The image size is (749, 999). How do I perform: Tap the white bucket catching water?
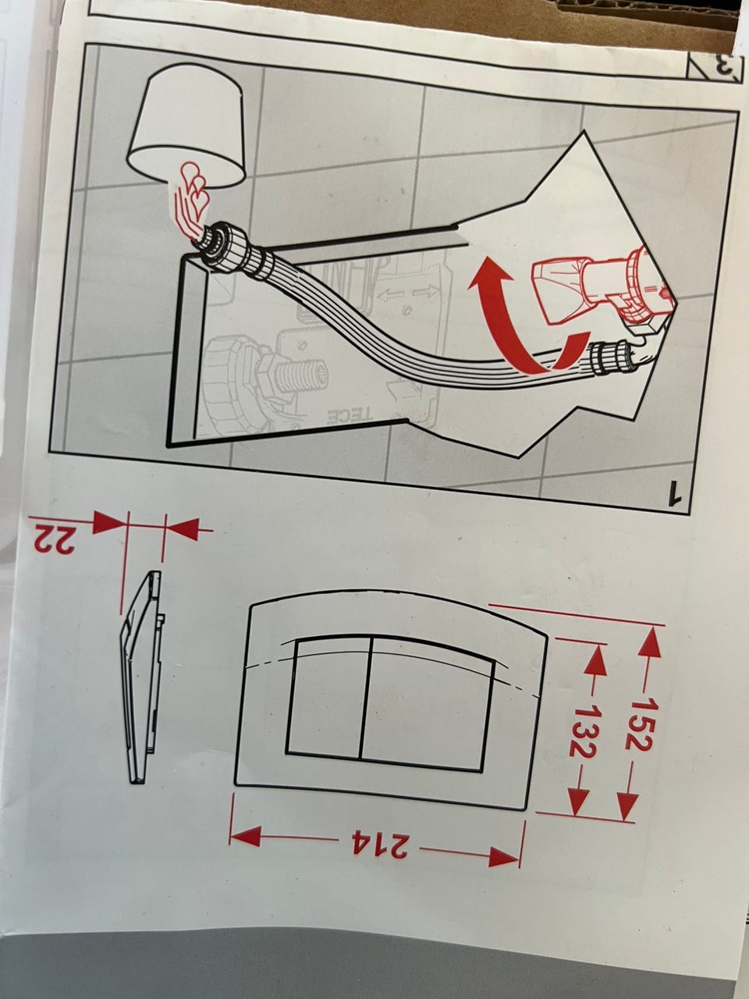[186, 125]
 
